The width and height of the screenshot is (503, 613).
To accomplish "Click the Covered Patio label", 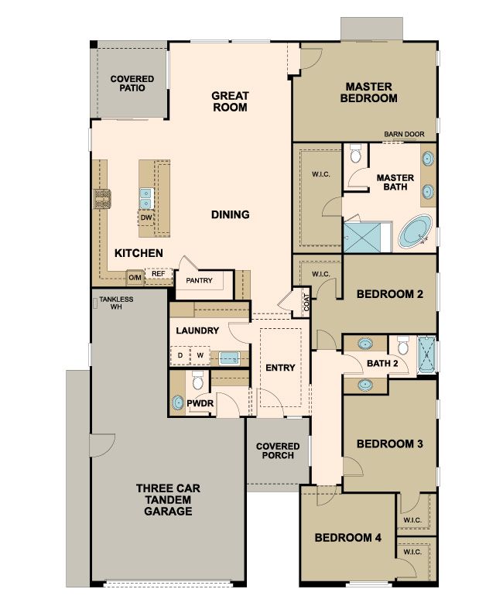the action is point(132,84).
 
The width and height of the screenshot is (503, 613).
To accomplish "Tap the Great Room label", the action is point(230,101).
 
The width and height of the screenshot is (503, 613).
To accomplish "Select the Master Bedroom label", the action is point(368,92).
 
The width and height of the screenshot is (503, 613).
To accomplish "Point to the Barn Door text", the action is point(404,134).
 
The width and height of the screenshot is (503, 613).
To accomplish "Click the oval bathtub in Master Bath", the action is point(415,232).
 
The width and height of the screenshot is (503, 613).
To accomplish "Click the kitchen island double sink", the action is point(146,198).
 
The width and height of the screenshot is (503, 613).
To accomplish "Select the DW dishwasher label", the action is point(146,217).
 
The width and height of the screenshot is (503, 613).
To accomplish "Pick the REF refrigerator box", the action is point(159,274).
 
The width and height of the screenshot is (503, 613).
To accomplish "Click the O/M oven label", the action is point(135,278).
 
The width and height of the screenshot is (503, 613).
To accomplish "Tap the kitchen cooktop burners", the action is point(102,199).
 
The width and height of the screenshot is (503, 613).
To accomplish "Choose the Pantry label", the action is point(199,280).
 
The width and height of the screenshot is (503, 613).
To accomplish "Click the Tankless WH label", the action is point(116,303).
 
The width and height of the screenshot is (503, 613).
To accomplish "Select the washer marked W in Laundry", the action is point(200,355).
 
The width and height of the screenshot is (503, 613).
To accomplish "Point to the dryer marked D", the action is point(180,355).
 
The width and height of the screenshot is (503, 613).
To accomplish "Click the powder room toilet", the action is point(198,380).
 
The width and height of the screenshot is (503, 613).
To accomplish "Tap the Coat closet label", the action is point(306,302).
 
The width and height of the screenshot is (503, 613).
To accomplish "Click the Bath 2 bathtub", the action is point(426,354).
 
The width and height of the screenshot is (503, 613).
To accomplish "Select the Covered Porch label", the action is point(278,450).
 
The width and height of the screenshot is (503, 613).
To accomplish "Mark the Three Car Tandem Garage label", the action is point(168,500).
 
